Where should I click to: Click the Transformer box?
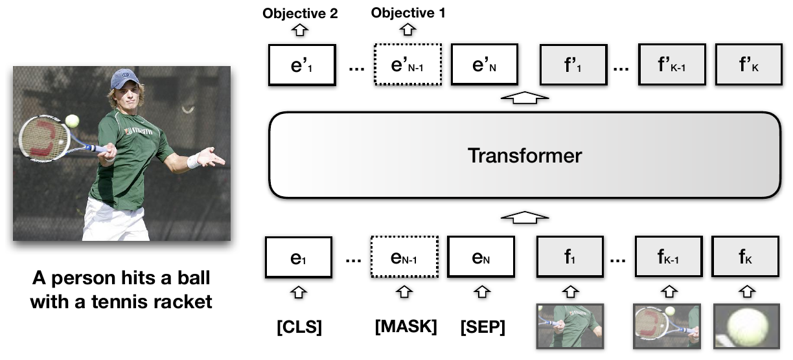524,155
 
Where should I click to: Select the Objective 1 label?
408,13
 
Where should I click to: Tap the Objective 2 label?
300,13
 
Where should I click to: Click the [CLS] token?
299,327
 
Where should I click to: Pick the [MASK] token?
406,327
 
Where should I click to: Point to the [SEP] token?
483,327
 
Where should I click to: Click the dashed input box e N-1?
403,258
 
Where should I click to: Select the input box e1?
299,258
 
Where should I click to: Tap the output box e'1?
302,65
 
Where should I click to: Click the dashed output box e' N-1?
408,65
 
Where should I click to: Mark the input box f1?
569,258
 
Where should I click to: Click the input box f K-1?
668,258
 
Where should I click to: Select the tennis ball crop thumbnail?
746,328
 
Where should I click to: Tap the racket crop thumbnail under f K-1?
667,328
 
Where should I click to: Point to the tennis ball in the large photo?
72,120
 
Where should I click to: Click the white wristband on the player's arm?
194,161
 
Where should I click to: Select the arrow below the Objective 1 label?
408,29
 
